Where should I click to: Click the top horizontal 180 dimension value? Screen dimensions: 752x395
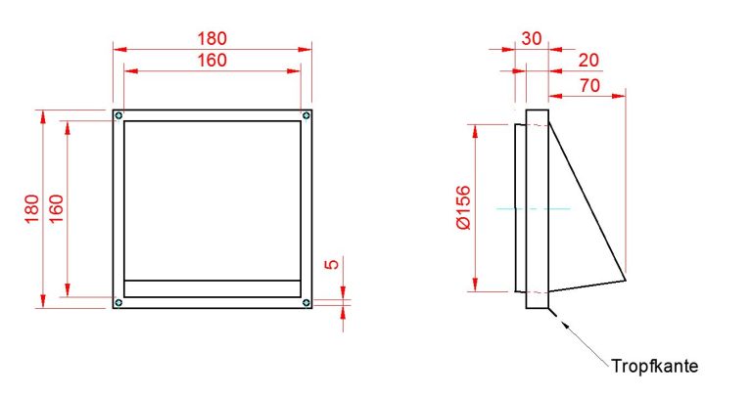tap(211, 38)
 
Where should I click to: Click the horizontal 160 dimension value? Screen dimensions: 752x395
tap(211, 61)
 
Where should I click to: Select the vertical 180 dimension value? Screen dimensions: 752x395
tap(31, 209)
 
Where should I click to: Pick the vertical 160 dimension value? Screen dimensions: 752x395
tap(56, 209)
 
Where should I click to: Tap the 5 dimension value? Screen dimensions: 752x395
tap(332, 264)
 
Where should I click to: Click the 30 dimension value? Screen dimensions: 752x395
tap(532, 38)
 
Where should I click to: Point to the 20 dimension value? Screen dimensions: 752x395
tap(588, 61)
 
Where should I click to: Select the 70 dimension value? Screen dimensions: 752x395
tap(589, 86)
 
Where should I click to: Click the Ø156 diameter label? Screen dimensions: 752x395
tap(464, 208)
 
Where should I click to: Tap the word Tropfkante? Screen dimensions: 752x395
tap(655, 367)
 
